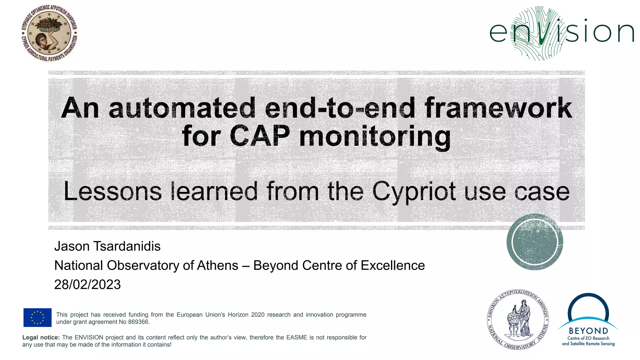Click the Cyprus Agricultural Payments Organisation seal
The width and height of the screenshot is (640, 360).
[49, 33]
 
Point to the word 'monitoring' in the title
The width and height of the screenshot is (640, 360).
[375, 137]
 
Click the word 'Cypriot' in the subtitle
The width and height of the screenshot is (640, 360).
[414, 191]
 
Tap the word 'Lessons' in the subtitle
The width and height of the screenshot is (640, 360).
[113, 191]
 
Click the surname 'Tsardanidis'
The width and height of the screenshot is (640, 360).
[127, 246]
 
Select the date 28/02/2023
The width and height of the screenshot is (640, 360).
[87, 284]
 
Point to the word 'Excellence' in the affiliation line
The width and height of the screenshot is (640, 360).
[393, 265]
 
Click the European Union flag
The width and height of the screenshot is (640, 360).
[37, 317]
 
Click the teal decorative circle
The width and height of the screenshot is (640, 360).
[535, 242]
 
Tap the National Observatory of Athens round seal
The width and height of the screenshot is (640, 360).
[518, 319]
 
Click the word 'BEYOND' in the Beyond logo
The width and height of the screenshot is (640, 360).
[588, 331]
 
